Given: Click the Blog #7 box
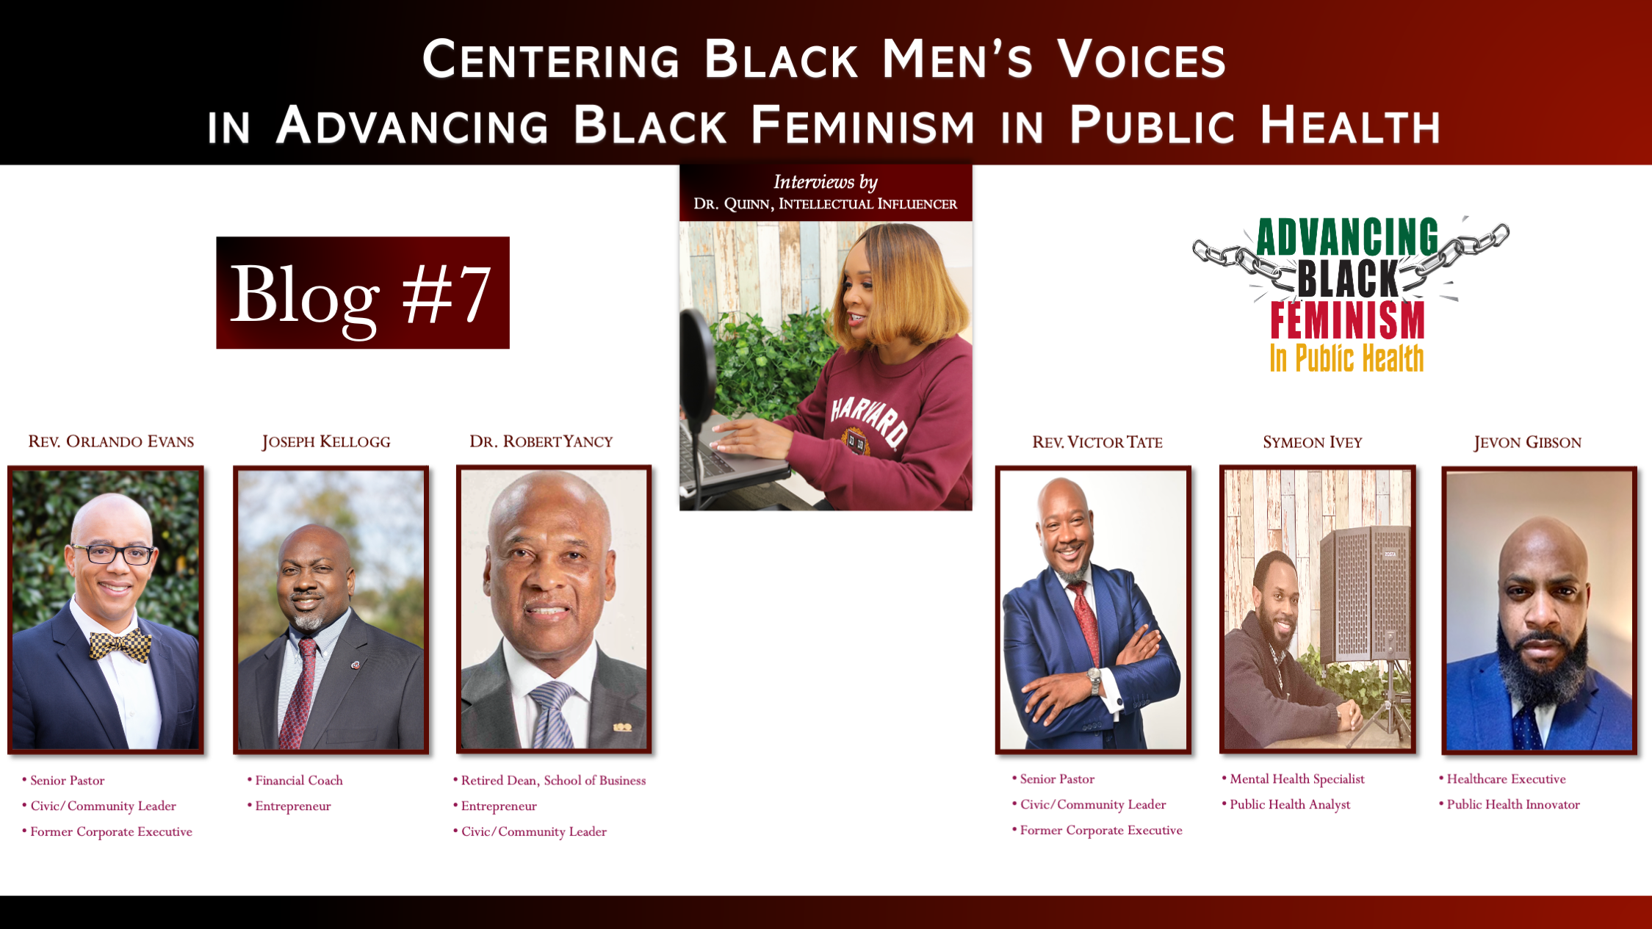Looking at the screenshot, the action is pos(363,292).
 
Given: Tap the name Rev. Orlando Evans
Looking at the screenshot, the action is pos(111,441).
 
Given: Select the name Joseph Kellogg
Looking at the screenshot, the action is pos(326,441).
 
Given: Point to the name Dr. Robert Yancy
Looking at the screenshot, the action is pos(541,441).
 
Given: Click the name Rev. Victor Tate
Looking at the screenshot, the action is pos(1097,442).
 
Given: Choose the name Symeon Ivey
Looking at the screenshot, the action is pos(1313,442).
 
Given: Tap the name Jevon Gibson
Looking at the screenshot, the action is pos(1528,442).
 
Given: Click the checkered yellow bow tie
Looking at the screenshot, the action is pos(120,646).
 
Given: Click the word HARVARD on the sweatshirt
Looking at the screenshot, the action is pos(869,420).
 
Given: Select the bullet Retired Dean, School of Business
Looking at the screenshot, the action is pos(550,780).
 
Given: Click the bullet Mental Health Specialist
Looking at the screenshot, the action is pos(1294,778).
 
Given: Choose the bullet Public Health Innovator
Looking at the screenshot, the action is pos(1509,804).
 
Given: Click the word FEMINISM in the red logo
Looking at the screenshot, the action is pos(1348,320).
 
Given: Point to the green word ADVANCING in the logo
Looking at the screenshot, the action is pos(1347,236).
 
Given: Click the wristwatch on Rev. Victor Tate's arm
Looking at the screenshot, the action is pos(1094,681).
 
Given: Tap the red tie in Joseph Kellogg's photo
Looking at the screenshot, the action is pos(298,693).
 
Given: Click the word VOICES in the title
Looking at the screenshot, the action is pos(1141,59).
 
